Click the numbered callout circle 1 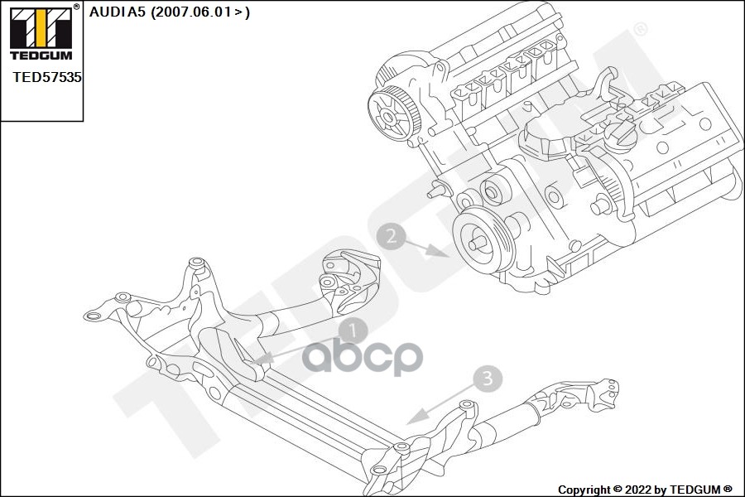(352, 332)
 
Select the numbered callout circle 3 (488, 379)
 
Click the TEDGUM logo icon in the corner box (39, 28)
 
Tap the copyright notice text (644, 489)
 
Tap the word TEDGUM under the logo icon (39, 55)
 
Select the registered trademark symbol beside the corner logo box (77, 7)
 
